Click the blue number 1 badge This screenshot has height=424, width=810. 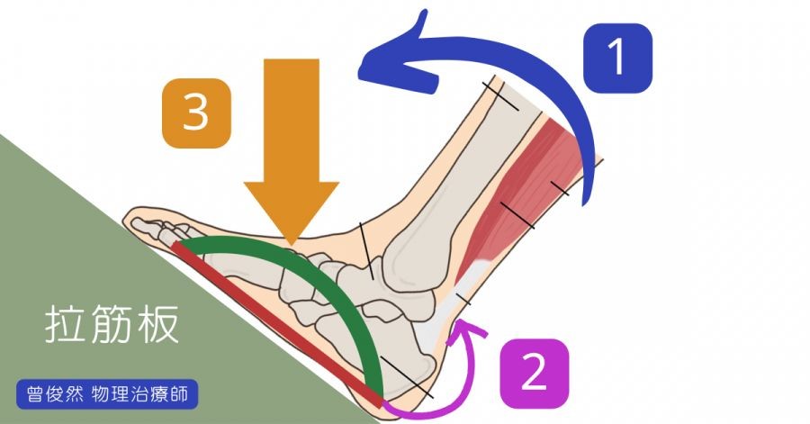(x=617, y=59)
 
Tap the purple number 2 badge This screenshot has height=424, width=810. (x=534, y=372)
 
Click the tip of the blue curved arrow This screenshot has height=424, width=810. (x=364, y=64)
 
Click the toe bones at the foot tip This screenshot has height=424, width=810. (x=162, y=225)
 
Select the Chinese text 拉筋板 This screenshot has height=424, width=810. (x=112, y=326)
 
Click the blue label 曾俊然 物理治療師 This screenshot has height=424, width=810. (x=106, y=394)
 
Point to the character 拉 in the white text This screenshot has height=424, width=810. (x=65, y=326)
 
